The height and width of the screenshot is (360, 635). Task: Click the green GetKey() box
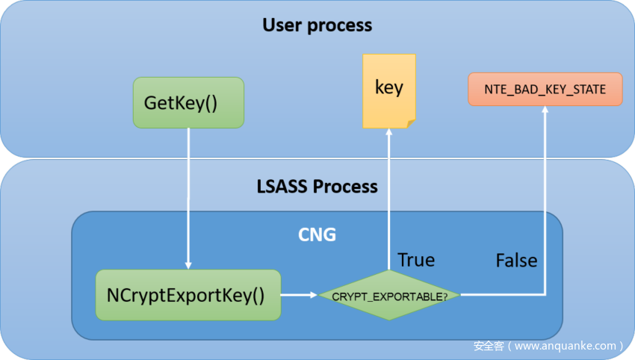[188, 102]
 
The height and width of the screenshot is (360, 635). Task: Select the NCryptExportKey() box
[188, 295]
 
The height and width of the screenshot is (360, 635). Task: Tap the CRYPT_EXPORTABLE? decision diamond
[389, 296]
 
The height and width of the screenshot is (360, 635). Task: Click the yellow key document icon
[388, 90]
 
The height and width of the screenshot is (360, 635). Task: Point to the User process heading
[317, 25]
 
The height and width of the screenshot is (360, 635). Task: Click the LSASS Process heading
[317, 186]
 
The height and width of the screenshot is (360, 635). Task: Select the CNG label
[317, 235]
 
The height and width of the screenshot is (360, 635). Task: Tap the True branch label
[416, 260]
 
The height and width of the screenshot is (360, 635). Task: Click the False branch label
[516, 260]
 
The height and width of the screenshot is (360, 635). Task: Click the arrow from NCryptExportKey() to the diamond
[299, 295]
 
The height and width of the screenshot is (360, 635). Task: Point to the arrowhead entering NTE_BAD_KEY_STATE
[545, 111]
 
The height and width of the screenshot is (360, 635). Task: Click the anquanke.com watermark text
[548, 346]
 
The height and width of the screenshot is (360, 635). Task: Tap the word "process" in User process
[339, 25]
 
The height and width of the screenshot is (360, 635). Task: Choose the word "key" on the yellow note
[388, 87]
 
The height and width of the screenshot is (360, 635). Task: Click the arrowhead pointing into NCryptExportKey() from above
[188, 264]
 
